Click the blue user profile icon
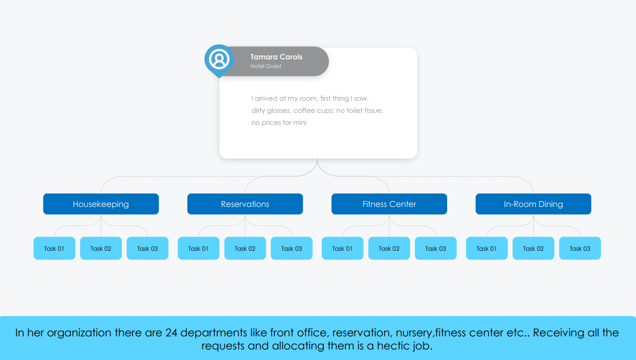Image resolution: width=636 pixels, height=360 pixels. point(219,59)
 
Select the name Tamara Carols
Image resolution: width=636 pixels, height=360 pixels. point(276,57)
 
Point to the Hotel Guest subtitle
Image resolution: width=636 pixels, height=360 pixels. point(266,66)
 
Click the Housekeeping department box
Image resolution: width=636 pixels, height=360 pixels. point(101,204)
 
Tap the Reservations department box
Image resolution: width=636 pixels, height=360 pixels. point(245,204)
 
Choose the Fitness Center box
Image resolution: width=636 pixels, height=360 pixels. point(389,204)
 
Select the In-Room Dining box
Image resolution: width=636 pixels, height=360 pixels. point(533,204)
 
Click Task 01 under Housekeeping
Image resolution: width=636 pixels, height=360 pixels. point(54,248)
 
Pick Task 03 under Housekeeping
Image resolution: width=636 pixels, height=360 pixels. point(148,248)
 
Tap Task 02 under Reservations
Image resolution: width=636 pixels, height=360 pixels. point(245,248)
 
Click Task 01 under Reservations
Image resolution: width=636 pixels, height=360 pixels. point(198,248)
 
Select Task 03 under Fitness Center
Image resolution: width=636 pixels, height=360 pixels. point(436,248)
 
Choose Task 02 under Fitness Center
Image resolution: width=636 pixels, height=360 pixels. point(389,248)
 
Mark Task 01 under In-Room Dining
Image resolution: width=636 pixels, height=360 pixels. point(486,248)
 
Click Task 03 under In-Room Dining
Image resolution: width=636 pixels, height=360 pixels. point(580,248)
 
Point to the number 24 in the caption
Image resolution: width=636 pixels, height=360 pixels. point(171,332)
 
